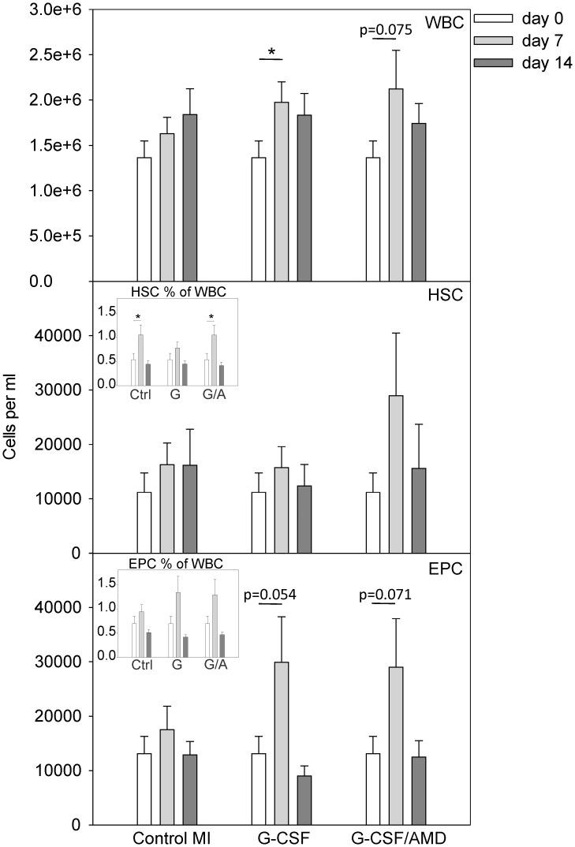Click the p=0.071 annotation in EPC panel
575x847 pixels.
(386, 594)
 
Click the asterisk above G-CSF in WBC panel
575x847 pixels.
(271, 53)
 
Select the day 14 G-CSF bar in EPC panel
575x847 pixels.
(304, 800)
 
